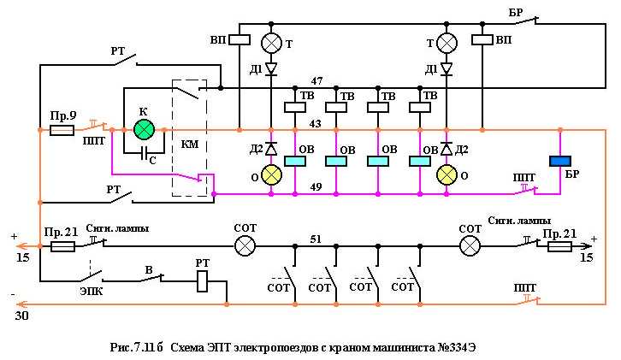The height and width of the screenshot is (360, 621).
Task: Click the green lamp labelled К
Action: coord(144,130)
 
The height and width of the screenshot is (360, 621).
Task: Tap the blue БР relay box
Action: coord(561,162)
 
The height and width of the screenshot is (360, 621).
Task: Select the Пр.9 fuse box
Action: coord(62,131)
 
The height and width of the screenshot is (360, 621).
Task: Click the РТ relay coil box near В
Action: coord(203,281)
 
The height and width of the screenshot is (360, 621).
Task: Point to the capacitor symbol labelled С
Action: coord(144,154)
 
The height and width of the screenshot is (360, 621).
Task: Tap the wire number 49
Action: coord(316,186)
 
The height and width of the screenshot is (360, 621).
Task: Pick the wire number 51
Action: coord(316,239)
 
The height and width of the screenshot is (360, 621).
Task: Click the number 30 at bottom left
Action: coord(19,315)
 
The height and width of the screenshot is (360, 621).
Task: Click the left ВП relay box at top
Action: coord(241,39)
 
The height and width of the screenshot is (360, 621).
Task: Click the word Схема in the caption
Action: coord(190,348)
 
